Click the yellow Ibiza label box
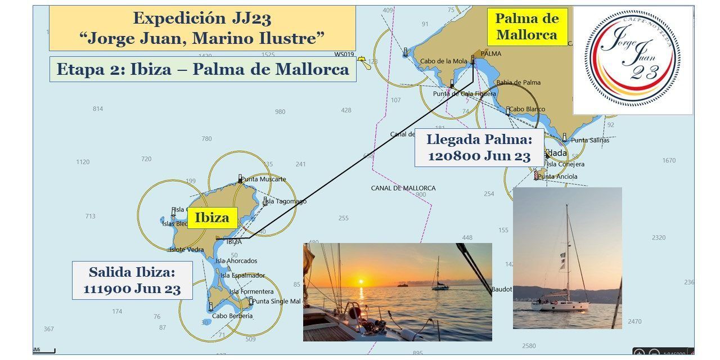tap(213, 218)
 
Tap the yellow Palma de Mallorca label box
tap(526, 26)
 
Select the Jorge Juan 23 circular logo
tap(633, 59)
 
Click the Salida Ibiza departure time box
tap(132, 280)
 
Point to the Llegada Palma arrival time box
tap(479, 147)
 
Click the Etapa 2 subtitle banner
tap(202, 70)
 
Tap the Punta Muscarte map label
tap(264, 179)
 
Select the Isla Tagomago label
tap(286, 201)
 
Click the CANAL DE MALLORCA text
tap(403, 188)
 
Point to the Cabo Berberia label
tap(233, 316)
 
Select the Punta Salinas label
tap(590, 140)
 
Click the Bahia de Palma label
tap(519, 82)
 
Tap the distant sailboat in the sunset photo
tap(439, 285)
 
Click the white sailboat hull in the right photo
tap(560, 305)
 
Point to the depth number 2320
tap(659, 238)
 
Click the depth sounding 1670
tap(669, 161)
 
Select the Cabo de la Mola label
tap(444, 61)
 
